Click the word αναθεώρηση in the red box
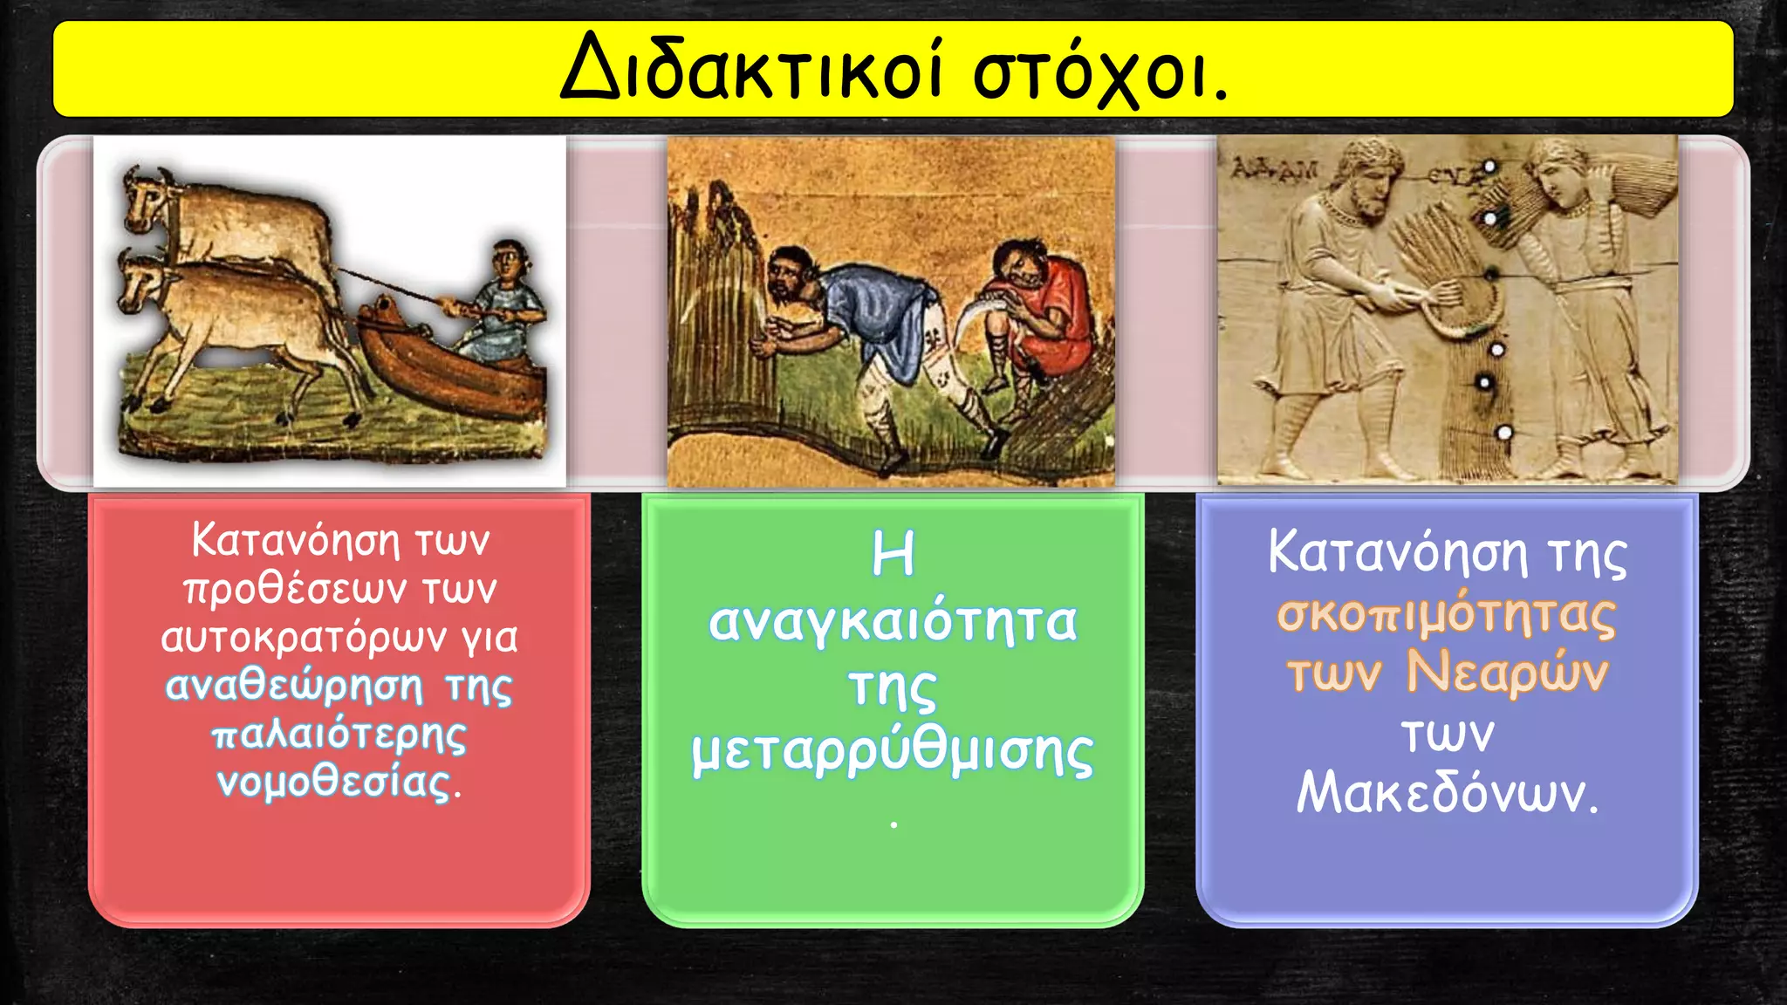pyautogui.click(x=294, y=686)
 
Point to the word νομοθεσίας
pyautogui.click(x=335, y=783)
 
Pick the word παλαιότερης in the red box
pyautogui.click(x=339, y=735)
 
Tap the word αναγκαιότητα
pyautogui.click(x=893, y=623)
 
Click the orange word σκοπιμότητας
pyautogui.click(x=1447, y=614)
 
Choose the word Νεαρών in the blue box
pyautogui.click(x=1507, y=673)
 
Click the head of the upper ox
pyautogui.click(x=147, y=202)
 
